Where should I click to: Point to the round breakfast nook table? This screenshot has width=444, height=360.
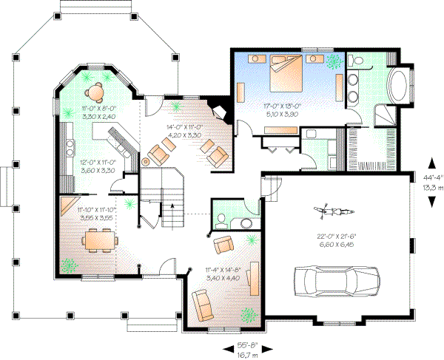point(95,92)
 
